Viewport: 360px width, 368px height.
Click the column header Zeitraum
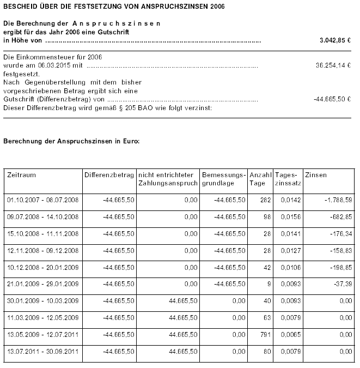(22, 175)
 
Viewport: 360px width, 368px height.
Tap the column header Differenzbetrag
(109, 175)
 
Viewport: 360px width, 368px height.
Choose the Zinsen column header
(316, 175)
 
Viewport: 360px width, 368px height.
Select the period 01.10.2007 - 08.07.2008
(43, 200)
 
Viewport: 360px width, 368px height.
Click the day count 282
(265, 200)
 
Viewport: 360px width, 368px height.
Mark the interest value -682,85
(340, 217)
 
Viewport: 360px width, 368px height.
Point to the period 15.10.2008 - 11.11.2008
(43, 234)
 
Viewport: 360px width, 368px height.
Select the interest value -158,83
(340, 251)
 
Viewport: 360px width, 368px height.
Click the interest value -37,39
(343, 285)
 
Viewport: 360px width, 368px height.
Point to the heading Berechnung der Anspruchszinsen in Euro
(71, 141)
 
